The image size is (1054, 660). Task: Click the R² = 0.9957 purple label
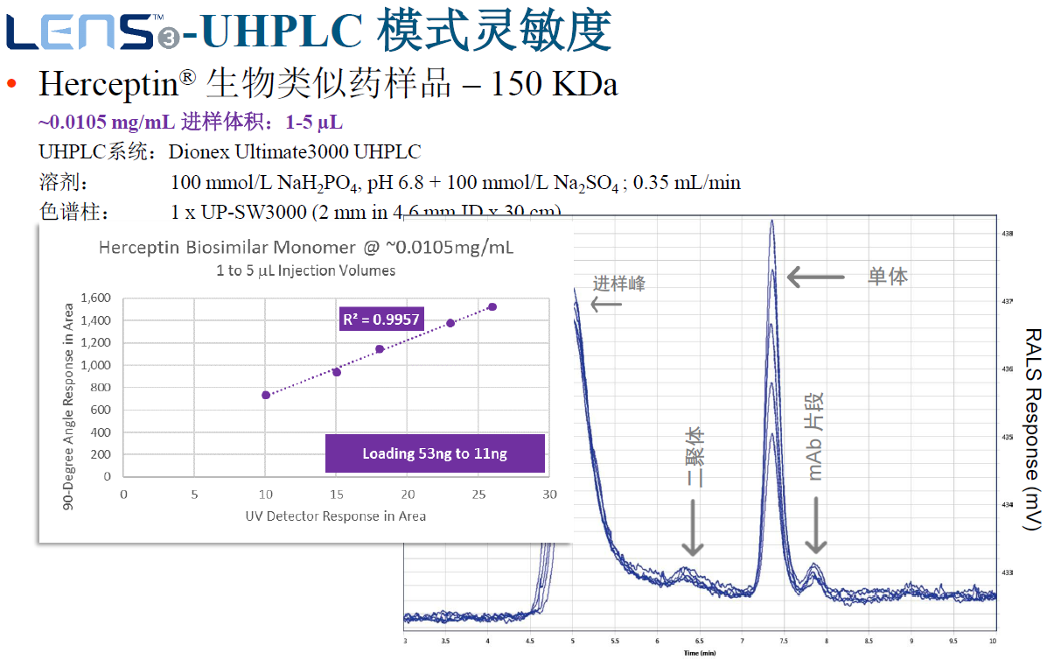tap(381, 319)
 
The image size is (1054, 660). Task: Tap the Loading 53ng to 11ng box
tap(435, 453)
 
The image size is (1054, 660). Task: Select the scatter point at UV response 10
tap(266, 395)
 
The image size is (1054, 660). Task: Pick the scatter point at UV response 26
tap(492, 307)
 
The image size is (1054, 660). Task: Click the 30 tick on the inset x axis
tap(549, 495)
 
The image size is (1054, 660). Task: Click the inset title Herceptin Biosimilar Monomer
tap(306, 248)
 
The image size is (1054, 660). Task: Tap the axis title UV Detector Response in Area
tap(336, 516)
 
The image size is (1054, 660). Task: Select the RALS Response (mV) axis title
tap(1033, 429)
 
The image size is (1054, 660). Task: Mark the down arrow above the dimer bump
tap(692, 528)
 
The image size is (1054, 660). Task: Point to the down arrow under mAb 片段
tap(815, 524)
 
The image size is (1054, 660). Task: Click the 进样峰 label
tap(619, 284)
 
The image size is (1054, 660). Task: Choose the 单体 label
tap(887, 277)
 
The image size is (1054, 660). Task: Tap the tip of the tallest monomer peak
tap(772, 221)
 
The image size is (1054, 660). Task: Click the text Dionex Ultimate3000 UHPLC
tap(295, 151)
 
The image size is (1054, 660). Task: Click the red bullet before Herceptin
tap(11, 84)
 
